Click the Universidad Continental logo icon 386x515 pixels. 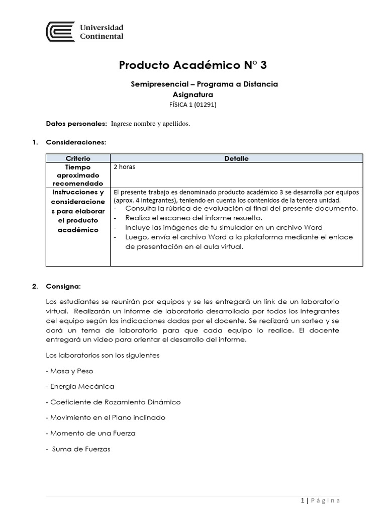click(x=60, y=31)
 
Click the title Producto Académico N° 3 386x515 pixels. click(x=197, y=65)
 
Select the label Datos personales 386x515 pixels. click(x=76, y=124)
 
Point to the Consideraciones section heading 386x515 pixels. click(x=76, y=142)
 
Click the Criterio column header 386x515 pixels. click(x=78, y=158)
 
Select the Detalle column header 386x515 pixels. click(x=236, y=158)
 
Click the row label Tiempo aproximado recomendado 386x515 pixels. click(x=78, y=175)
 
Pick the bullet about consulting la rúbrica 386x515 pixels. click(x=241, y=208)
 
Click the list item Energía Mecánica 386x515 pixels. click(x=80, y=386)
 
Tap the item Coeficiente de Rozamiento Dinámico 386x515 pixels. click(x=113, y=402)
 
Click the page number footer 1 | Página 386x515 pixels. click(x=320, y=500)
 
